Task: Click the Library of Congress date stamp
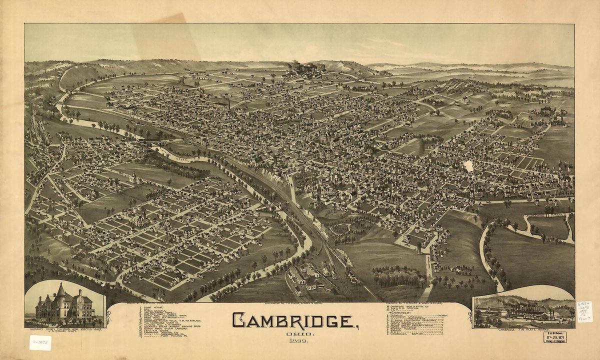(555, 337)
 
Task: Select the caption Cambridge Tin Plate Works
(522, 330)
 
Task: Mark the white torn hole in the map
(468, 166)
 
